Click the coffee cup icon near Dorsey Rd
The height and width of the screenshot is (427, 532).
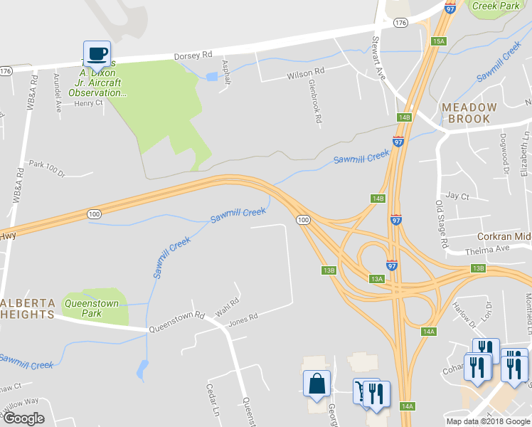[97, 53]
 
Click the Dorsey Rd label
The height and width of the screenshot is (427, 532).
[193, 56]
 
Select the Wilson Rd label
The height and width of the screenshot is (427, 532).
[305, 73]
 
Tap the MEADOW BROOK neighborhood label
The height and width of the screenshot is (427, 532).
[466, 112]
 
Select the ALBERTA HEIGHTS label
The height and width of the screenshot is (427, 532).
[28, 308]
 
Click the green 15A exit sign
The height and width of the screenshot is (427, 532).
[438, 41]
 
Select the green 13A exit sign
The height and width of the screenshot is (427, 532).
[376, 280]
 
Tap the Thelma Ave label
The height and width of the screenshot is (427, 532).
[487, 248]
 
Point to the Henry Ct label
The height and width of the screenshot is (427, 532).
[89, 103]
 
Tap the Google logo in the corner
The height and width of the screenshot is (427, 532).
[24, 419]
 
